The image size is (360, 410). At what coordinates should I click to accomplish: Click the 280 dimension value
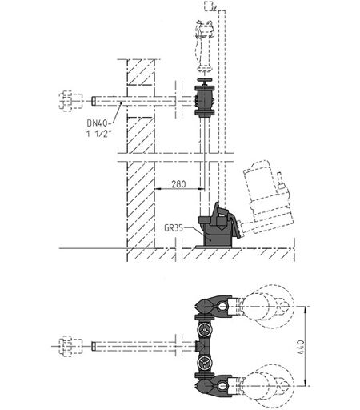[x=178, y=184]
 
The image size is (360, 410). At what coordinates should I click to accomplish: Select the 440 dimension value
[x=301, y=347]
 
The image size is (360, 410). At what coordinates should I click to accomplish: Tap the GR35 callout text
[x=174, y=228]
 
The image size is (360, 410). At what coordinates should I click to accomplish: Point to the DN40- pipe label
[x=98, y=123]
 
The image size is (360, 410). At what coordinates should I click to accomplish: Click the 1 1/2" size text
[x=98, y=134]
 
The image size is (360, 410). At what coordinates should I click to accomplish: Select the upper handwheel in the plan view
[x=205, y=330]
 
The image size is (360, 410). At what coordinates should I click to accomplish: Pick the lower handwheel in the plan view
[x=205, y=363]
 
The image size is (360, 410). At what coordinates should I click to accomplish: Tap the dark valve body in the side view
[x=204, y=100]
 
